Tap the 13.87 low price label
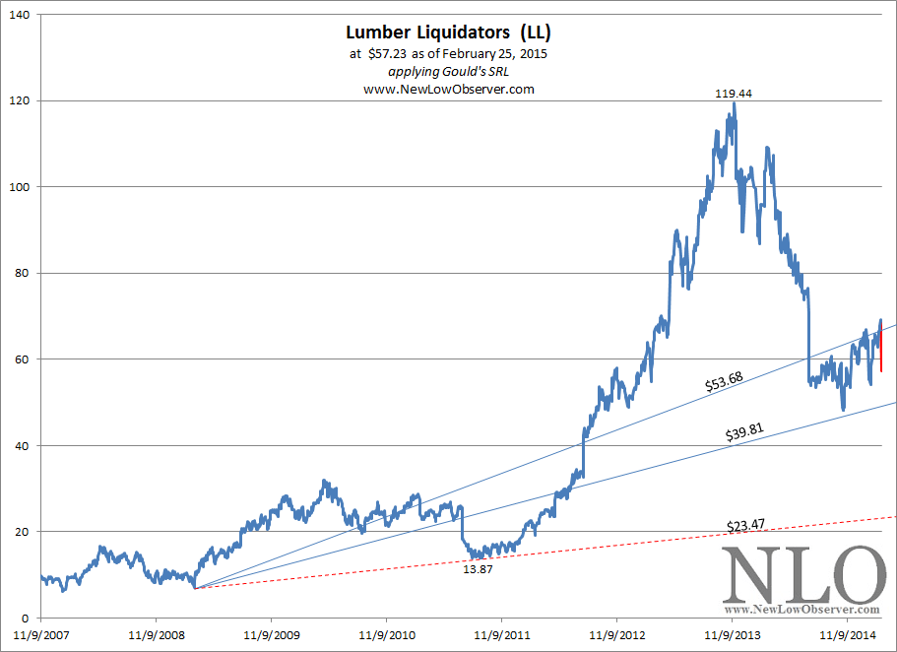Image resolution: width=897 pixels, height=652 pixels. click(x=480, y=568)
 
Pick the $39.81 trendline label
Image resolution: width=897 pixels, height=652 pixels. click(x=744, y=432)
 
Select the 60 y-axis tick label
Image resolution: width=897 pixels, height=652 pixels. click(x=22, y=359)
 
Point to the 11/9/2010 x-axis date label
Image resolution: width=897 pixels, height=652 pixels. click(x=386, y=635)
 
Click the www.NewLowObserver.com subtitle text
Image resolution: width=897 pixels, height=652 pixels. click(x=448, y=89)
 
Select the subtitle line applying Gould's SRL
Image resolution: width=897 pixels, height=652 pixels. click(x=448, y=72)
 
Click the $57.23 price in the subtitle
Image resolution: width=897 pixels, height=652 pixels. click(x=387, y=55)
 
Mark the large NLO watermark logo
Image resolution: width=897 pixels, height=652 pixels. click(x=802, y=576)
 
